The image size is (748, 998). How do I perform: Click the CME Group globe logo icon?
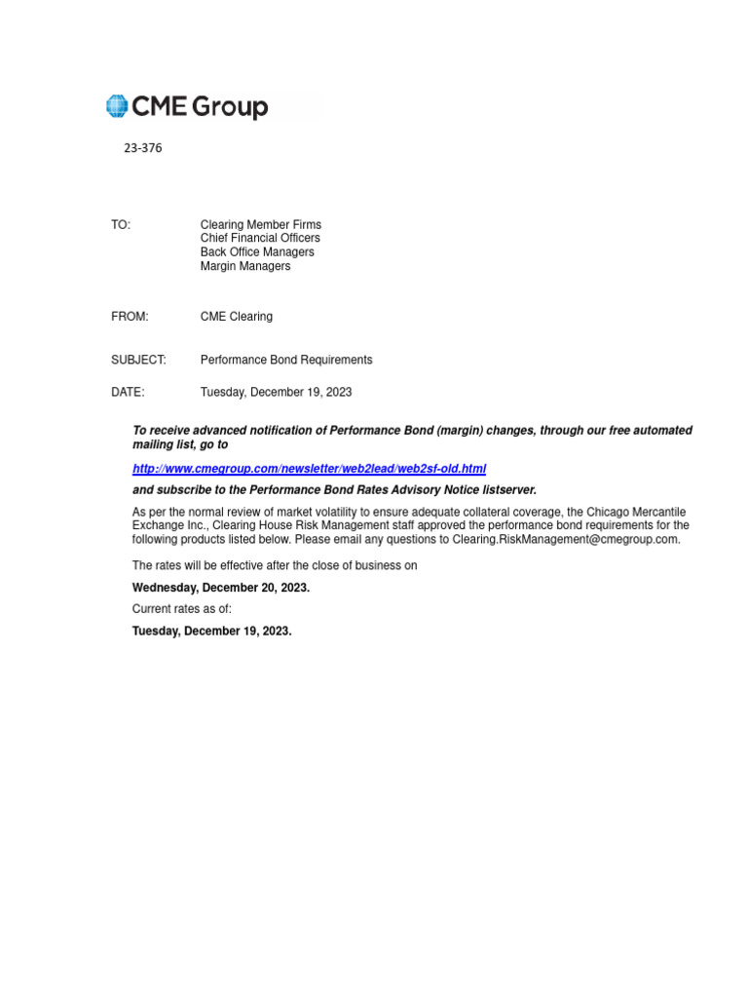(x=117, y=106)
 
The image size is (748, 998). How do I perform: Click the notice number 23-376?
(x=142, y=149)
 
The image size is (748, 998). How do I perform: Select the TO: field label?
(x=121, y=225)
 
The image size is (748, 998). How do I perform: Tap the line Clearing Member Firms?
(x=260, y=225)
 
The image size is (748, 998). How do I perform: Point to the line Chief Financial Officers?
(x=260, y=239)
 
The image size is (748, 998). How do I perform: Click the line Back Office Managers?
(x=257, y=252)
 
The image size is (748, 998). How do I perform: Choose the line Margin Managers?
(x=245, y=266)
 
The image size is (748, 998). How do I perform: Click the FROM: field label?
(x=130, y=317)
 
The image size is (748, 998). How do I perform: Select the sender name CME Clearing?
(x=237, y=317)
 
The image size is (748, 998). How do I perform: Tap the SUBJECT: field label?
(x=138, y=360)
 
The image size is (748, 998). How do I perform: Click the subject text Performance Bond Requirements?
(x=286, y=360)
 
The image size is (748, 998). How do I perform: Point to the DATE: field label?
(x=128, y=392)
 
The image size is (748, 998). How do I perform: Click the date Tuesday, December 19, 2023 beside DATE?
(x=276, y=392)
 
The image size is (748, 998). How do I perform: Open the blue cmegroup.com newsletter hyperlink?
(x=309, y=469)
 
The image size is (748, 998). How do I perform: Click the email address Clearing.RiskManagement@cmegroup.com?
(x=588, y=539)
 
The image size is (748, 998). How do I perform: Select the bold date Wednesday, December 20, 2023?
(x=221, y=588)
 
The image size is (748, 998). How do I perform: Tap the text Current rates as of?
(x=182, y=609)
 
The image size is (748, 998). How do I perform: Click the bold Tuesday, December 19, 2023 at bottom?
(x=211, y=631)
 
